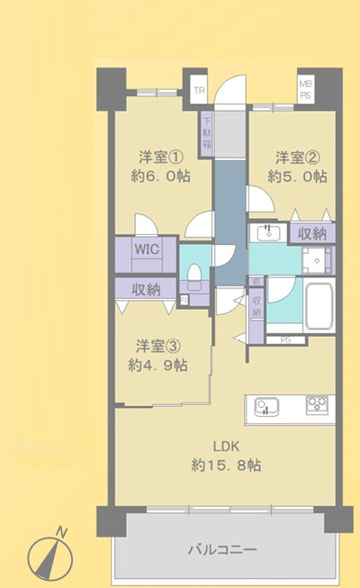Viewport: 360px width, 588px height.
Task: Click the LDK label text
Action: point(226,447)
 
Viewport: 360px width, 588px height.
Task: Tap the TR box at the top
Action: point(198,89)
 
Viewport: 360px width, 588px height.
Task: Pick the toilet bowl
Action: point(193,274)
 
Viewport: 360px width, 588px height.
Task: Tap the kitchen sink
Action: point(265,406)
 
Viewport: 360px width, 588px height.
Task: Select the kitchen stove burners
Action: point(317,405)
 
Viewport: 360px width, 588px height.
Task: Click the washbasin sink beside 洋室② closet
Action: point(267,234)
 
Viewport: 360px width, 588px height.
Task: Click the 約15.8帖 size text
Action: point(226,466)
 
